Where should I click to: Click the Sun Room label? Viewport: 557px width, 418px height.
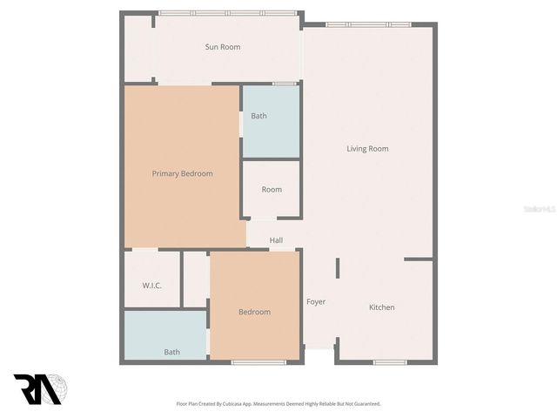coord(223,47)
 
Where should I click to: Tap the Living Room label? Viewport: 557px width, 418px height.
coord(367,149)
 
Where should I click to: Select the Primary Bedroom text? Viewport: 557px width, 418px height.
coord(183,174)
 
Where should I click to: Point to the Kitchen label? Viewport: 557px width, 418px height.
coord(381,307)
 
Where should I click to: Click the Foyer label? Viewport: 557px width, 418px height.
coord(316,302)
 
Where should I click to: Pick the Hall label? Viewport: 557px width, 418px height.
coord(276,240)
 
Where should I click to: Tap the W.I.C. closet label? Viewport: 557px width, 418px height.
coord(151,286)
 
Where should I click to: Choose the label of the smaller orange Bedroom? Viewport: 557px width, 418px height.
coord(255,312)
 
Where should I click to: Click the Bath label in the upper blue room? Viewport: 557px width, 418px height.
coord(259,116)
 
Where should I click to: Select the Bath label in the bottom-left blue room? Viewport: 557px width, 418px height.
coord(172,352)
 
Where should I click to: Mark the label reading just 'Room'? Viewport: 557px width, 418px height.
coord(272,189)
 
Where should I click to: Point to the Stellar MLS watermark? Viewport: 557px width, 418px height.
coord(540,210)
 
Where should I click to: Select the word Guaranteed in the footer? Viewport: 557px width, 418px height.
coord(362,403)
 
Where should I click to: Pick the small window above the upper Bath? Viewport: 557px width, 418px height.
coord(284,84)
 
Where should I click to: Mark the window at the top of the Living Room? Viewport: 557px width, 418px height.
coord(367,24)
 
